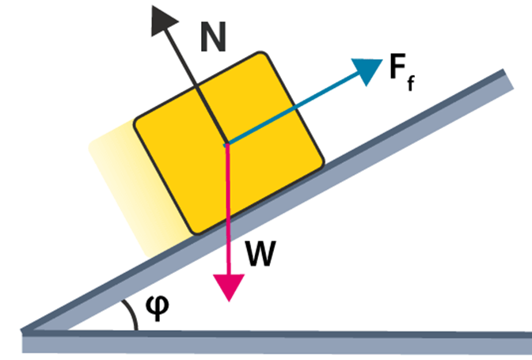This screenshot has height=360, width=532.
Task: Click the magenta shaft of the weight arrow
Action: [229, 206]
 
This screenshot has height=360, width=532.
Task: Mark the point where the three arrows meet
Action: [227, 143]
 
